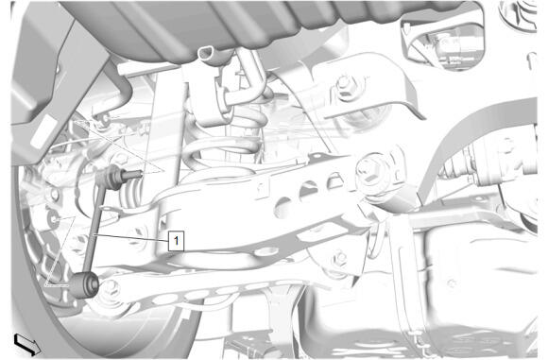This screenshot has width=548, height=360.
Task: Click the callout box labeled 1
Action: pos(176,240)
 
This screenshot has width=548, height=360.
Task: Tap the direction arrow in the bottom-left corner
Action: pos(26,344)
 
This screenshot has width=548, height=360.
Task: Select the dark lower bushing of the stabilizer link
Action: pos(85,284)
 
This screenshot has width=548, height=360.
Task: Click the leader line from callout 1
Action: pos(131,237)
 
